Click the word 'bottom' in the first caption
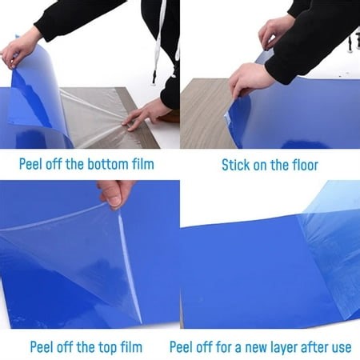tap(108, 166)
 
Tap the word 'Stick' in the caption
tap(238, 166)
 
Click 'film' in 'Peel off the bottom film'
tap(142, 166)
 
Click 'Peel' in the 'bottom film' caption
tap(33, 166)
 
